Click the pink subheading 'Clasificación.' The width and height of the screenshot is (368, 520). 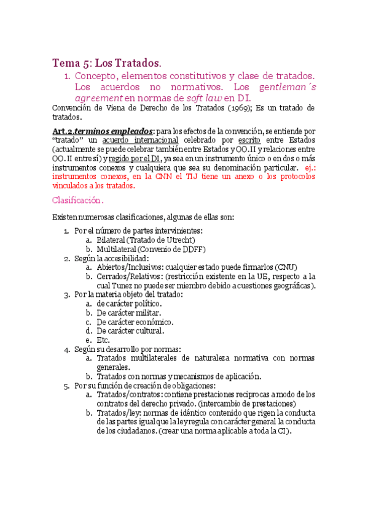point(78,200)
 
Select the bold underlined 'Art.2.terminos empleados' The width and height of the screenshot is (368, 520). point(103,131)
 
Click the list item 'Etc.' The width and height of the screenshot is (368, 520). point(103,340)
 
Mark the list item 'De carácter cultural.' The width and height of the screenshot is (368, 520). point(130,331)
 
